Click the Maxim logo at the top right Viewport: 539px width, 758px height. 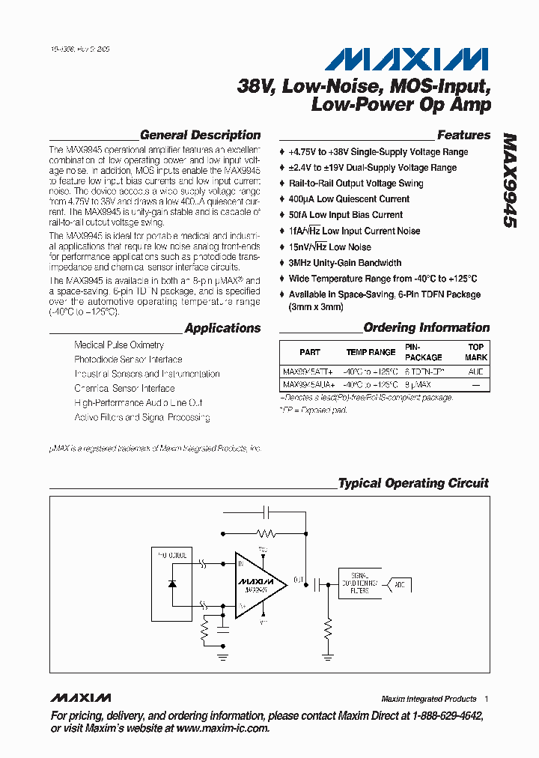tap(407, 60)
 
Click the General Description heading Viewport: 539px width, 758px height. tap(200, 136)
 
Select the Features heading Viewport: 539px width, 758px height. tap(463, 136)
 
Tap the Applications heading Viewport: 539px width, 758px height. tap(222, 328)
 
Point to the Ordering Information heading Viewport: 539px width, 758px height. tap(426, 328)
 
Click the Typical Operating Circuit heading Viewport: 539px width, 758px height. tap(413, 483)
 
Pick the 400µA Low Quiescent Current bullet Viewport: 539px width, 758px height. tap(349, 199)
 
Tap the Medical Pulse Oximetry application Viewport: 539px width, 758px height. tap(119, 345)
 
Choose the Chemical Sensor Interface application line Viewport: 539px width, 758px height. tap(124, 389)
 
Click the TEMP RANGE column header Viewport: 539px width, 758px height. tap(371, 352)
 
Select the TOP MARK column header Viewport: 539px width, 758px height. tap(476, 352)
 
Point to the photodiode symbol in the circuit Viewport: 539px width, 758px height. tap(172, 583)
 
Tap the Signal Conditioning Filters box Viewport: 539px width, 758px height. tap(359, 584)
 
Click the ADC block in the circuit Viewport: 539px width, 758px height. tap(399, 583)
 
